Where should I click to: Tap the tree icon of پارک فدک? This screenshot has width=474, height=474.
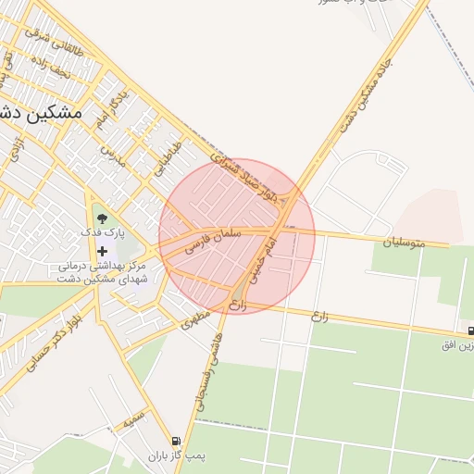pos(102,218)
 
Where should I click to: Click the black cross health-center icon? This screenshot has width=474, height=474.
pos(102,251)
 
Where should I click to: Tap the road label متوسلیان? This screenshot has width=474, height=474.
pos(404,243)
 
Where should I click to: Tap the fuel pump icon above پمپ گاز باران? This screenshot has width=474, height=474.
pos(175,441)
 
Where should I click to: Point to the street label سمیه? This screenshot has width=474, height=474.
pos(134,420)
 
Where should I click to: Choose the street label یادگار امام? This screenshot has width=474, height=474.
pos(111,107)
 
